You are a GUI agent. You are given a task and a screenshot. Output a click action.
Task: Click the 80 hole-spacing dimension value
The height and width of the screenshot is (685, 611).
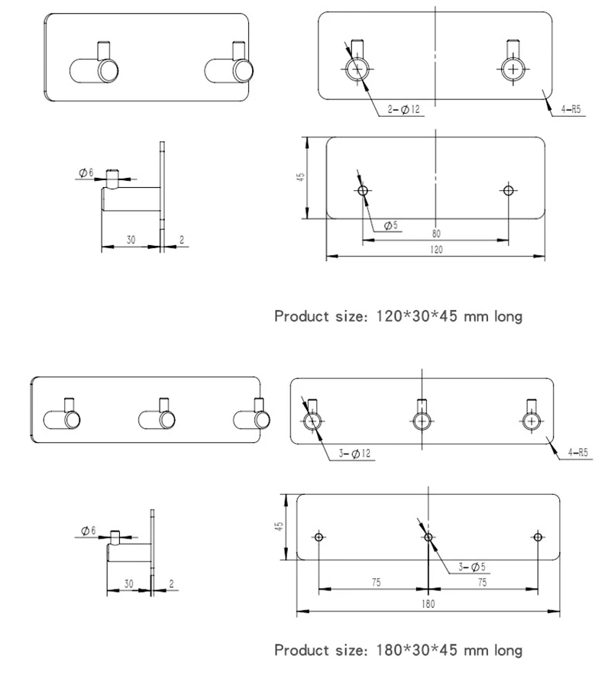(x=436, y=234)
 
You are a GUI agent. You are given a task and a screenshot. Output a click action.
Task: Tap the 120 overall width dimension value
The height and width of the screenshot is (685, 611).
(x=436, y=250)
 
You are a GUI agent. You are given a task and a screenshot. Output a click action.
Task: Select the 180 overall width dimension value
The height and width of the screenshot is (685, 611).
(x=428, y=604)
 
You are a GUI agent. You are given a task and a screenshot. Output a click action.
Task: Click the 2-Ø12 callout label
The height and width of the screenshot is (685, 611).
(x=404, y=109)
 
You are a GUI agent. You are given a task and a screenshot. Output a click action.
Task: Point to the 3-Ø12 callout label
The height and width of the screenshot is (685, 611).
(x=354, y=454)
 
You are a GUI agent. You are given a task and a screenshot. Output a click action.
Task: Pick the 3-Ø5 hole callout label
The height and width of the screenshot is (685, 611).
(x=471, y=567)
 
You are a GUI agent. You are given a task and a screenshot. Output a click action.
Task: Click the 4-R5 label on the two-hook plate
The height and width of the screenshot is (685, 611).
(x=571, y=109)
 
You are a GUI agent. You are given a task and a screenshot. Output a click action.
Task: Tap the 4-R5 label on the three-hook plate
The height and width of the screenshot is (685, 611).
(x=578, y=453)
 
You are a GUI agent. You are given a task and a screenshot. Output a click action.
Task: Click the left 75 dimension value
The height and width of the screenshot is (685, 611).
(x=377, y=583)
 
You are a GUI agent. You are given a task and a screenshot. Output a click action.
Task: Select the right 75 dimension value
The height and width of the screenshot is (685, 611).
(x=482, y=583)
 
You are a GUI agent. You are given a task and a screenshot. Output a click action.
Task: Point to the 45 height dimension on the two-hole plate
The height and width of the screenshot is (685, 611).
(x=300, y=177)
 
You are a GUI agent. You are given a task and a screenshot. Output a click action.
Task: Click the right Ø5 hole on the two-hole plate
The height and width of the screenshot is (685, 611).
(x=508, y=190)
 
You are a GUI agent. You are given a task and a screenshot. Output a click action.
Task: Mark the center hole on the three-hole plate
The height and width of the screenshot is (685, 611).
(x=428, y=537)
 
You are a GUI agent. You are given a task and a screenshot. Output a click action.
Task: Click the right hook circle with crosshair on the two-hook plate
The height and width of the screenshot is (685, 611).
(x=513, y=69)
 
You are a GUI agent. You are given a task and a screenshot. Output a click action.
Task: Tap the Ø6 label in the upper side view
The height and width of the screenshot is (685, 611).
(x=86, y=173)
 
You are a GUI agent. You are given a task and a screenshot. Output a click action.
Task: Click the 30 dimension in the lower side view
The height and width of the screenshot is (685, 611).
(x=128, y=583)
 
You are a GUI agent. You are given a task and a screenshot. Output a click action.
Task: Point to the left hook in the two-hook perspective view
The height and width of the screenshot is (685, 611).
(x=95, y=68)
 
